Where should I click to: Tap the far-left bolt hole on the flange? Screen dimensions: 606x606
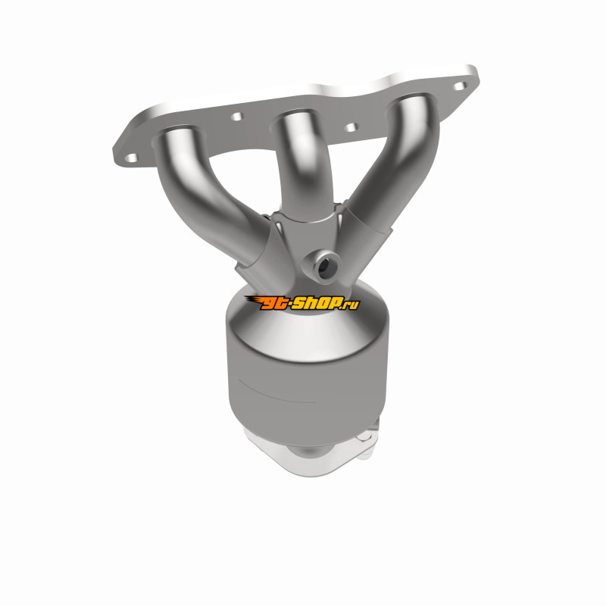[131, 158]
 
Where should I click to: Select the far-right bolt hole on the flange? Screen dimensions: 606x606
[460, 86]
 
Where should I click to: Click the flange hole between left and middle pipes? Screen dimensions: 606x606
[236, 116]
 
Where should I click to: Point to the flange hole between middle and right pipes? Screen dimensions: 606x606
[351, 127]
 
